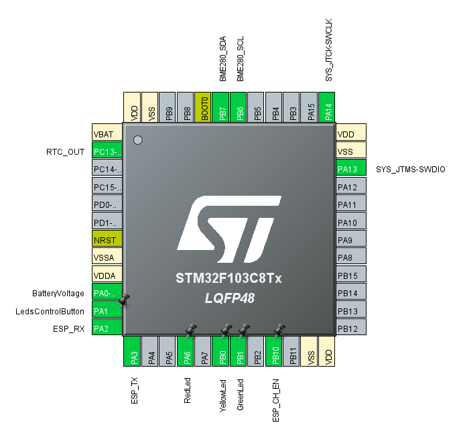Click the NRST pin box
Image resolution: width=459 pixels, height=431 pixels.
pos(107,239)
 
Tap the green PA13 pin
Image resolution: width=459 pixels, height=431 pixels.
pos(351,169)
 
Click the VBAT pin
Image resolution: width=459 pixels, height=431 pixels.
pos(107,133)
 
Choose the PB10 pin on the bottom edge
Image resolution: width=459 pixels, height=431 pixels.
pos(273,350)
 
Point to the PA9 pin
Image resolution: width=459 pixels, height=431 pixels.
pos(351,239)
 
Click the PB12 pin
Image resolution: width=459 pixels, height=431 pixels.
pos(351,328)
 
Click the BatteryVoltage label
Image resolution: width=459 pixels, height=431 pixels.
pos(58,293)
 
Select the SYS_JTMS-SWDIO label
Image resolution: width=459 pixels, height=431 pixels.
pos(411,169)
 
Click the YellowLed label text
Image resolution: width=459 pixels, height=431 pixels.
pos(222,395)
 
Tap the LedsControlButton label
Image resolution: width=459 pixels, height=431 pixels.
pos(50,311)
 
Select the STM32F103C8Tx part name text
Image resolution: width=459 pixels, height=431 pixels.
pos(228,278)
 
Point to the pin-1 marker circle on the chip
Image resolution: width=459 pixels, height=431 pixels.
pos(139,140)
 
